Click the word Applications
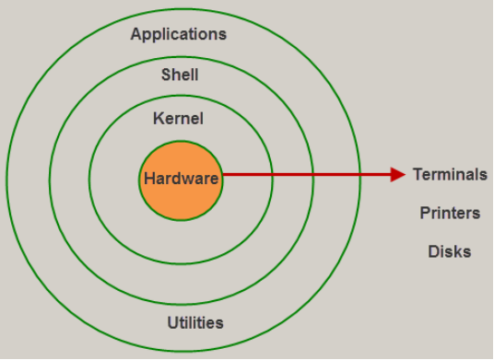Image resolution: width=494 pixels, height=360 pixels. pos(178,35)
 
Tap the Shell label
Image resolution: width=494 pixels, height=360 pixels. pos(180,75)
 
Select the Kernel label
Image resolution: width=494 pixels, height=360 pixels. pos(179,119)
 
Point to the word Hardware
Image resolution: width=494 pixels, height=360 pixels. pos(182,179)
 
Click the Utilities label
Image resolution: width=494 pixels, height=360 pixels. pos(195,323)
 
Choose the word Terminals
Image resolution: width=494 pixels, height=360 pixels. pos(450,174)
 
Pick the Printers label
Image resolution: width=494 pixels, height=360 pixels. pos(450,213)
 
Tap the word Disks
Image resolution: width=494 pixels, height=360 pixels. pos(450,251)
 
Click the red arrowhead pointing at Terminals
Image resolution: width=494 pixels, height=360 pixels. pos(398,174)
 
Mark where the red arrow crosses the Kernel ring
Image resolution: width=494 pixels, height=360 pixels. pos(273,174)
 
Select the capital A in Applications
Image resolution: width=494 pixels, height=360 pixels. pos(136,35)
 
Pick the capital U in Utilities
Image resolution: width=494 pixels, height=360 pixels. pos(172,323)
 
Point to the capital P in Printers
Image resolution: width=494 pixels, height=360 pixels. pos(424,213)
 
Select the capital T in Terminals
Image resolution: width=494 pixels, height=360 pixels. pos(417,174)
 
